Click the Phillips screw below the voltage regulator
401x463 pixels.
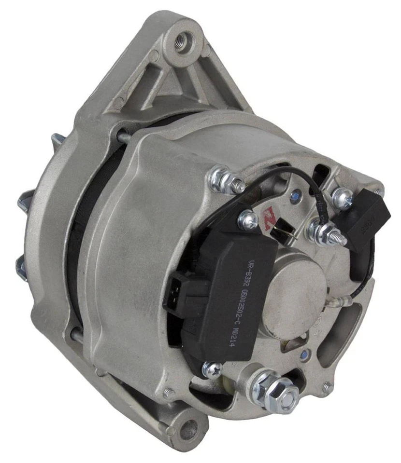(x=211, y=369)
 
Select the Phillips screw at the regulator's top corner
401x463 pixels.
(x=248, y=219)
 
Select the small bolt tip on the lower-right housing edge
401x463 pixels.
(x=328, y=386)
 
